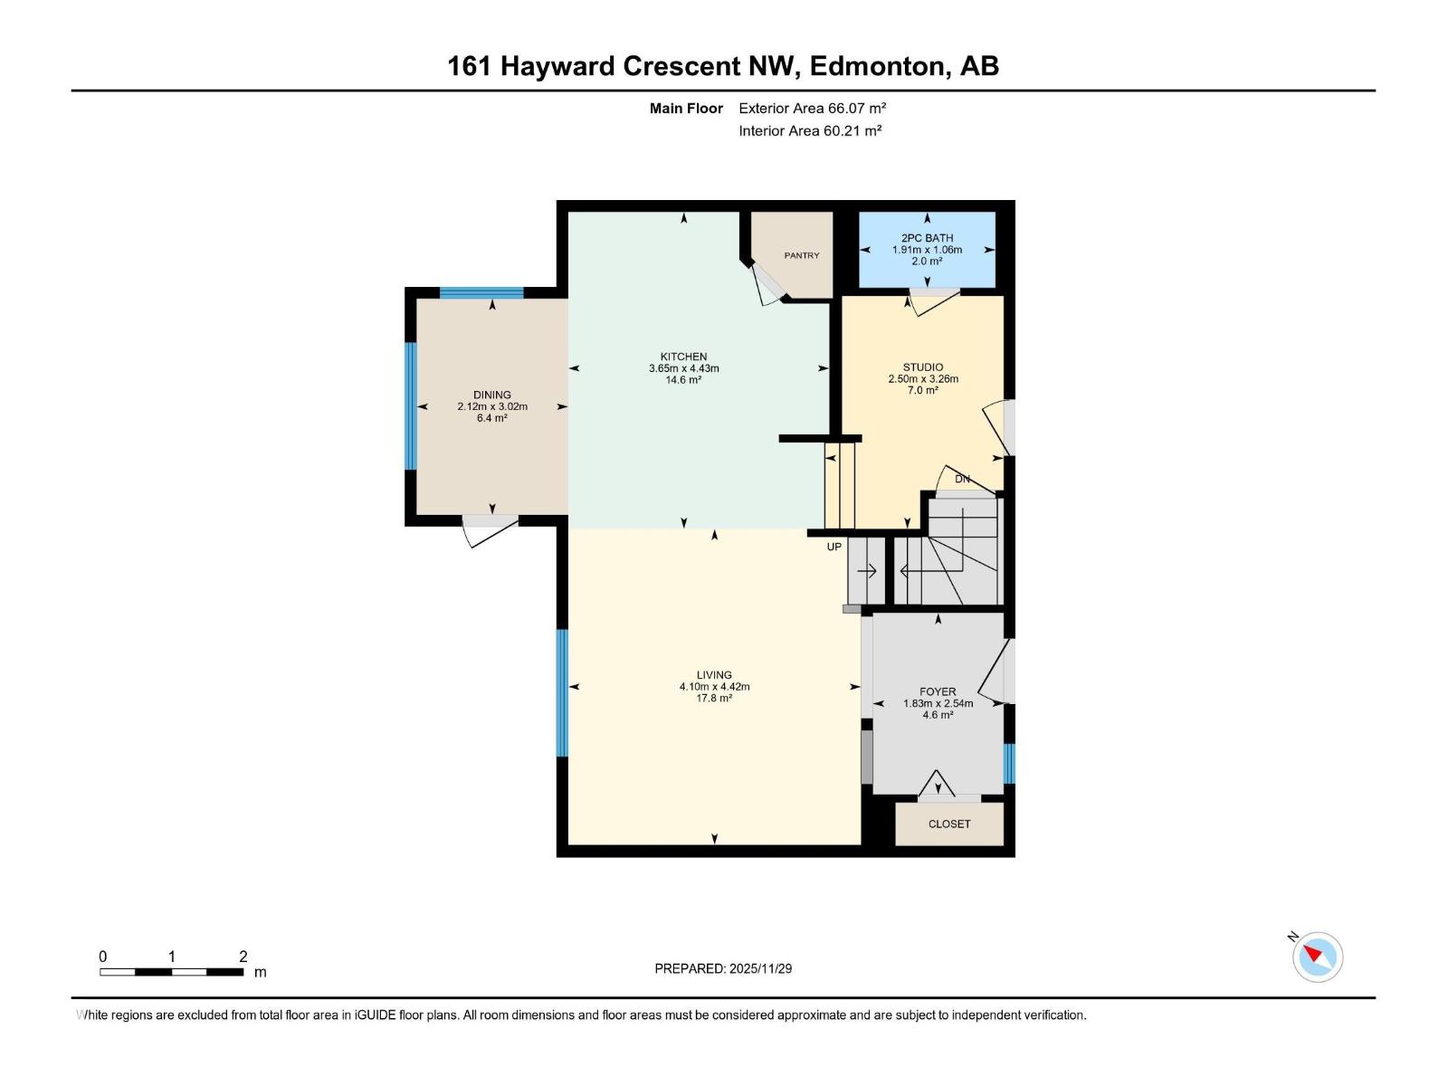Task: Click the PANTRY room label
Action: (802, 255)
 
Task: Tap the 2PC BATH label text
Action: (927, 238)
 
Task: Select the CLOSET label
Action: (949, 824)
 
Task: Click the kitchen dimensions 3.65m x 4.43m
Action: (683, 368)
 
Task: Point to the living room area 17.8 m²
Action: (714, 698)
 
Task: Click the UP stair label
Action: (834, 547)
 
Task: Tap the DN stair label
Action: (962, 479)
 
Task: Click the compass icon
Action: (1318, 957)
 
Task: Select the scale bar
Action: (172, 972)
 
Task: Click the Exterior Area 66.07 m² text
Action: (812, 108)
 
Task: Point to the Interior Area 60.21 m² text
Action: (810, 130)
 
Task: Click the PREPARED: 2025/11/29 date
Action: (723, 968)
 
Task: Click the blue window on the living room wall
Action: (562, 692)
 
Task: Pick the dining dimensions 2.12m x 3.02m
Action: (492, 406)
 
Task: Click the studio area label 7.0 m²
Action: (923, 390)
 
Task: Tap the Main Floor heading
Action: (686, 109)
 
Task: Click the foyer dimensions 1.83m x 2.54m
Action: (938, 703)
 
